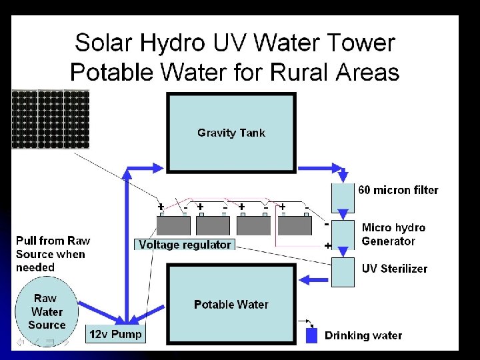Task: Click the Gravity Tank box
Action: pyautogui.click(x=231, y=133)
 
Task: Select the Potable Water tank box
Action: pyautogui.click(x=231, y=305)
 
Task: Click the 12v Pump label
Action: pyautogui.click(x=116, y=334)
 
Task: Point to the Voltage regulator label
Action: pyautogui.click(x=185, y=245)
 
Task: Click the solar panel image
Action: pyautogui.click(x=41, y=119)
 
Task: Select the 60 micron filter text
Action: pyautogui.click(x=399, y=190)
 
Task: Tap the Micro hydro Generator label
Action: pyautogui.click(x=393, y=234)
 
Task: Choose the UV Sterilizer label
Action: pyautogui.click(x=395, y=269)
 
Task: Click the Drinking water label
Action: pyautogui.click(x=363, y=335)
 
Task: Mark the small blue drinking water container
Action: pyautogui.click(x=311, y=335)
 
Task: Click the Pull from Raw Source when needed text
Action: pyautogui.click(x=53, y=254)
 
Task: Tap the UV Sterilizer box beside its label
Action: pyautogui.click(x=343, y=272)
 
